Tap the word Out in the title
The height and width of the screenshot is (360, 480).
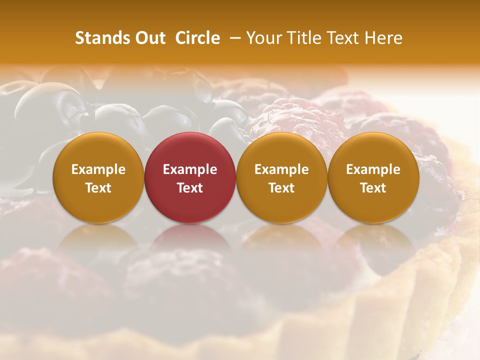click(149, 38)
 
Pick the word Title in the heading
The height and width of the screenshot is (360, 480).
click(304, 38)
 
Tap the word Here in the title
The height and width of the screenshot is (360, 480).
click(383, 38)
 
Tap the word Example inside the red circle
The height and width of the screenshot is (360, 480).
click(190, 169)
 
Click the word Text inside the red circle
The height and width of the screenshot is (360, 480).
click(190, 188)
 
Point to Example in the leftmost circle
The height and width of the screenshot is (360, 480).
click(98, 169)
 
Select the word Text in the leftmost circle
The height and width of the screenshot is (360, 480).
click(98, 188)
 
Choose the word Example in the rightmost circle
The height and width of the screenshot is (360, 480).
click(373, 169)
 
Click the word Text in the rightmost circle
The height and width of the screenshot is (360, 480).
click(373, 188)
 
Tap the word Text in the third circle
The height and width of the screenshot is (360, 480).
click(281, 188)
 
